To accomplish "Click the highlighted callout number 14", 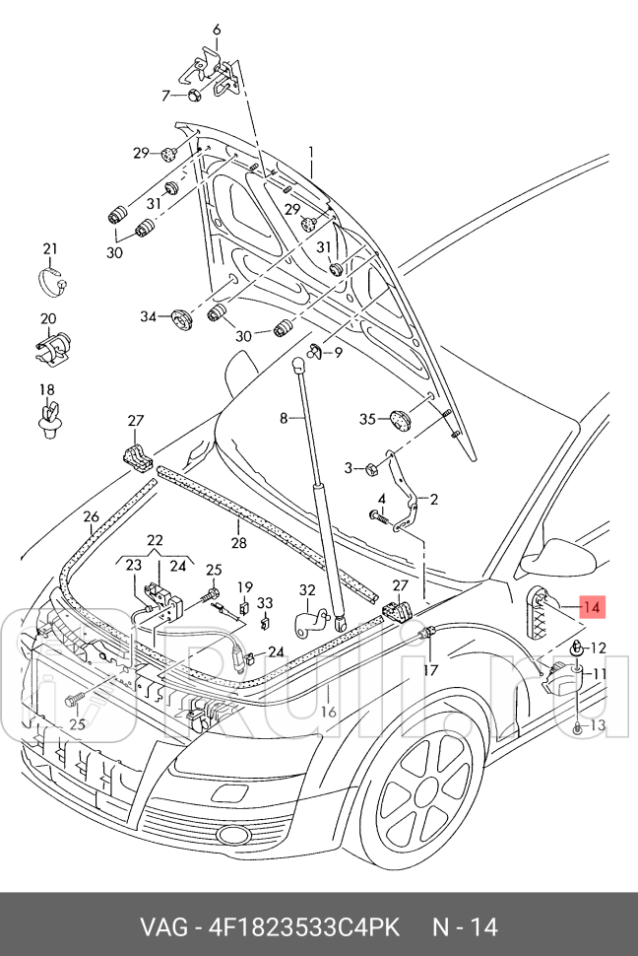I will [x=591, y=607].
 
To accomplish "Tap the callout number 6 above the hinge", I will [x=217, y=30].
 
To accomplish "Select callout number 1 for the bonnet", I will [x=310, y=153].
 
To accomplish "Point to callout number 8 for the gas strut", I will [x=284, y=418].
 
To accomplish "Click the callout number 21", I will [x=50, y=248].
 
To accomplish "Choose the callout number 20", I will [x=48, y=318].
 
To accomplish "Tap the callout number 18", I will [x=47, y=389].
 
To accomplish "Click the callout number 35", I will [x=367, y=420].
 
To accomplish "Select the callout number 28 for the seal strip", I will [x=238, y=543].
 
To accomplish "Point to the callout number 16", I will [x=329, y=712].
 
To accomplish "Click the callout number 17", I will [x=430, y=670].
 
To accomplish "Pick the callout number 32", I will [x=307, y=590].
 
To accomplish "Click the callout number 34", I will [x=148, y=316].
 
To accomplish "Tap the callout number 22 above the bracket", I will [x=156, y=540].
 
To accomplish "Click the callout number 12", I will [x=599, y=649].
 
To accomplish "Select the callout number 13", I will [x=599, y=726].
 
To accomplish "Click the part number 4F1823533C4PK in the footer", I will [x=304, y=926].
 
